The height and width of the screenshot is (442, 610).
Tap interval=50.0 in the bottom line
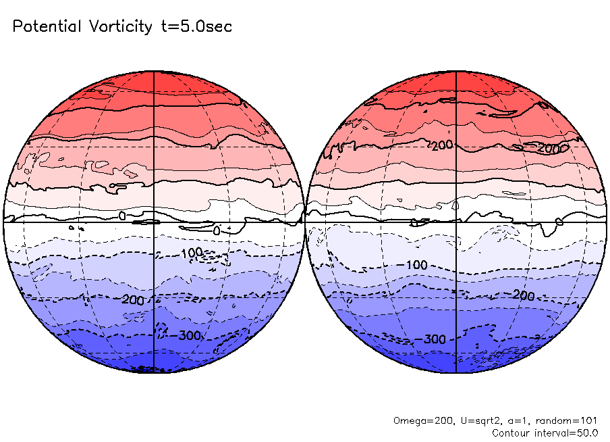(569, 433)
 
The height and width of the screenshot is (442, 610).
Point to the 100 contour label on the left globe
(192, 253)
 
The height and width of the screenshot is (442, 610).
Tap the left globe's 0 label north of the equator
(122, 215)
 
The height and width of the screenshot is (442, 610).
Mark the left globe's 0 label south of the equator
(216, 230)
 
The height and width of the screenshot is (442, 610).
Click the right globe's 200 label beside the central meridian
(441, 145)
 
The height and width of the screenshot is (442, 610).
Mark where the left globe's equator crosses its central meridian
(155, 222)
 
